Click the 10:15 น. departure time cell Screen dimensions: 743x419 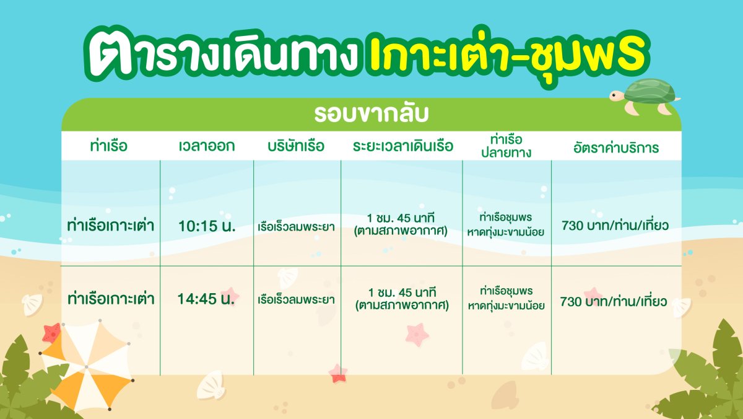coord(207,226)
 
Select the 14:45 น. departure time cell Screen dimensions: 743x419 coord(206,299)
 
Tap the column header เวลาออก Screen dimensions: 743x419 coord(207,146)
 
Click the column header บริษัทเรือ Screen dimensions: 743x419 coord(296,146)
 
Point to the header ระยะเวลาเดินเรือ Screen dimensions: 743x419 coord(402,146)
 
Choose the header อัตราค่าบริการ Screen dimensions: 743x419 coord(616,148)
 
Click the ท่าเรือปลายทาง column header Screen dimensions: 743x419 coord(506,146)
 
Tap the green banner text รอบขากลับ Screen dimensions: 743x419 coord(371,114)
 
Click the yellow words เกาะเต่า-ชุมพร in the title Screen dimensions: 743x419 coord(507,55)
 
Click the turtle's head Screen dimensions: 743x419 coord(617,96)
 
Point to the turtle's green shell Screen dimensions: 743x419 coord(650,90)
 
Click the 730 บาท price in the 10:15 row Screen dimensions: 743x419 coord(615,226)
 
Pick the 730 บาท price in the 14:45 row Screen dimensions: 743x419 coord(614,301)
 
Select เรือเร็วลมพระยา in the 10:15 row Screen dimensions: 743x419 coord(296,227)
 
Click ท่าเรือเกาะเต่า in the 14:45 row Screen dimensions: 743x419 coord(111,299)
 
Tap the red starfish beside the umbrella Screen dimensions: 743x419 coord(52,333)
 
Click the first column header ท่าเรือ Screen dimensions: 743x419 coord(109,146)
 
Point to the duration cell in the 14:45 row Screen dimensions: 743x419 coord(402,299)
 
